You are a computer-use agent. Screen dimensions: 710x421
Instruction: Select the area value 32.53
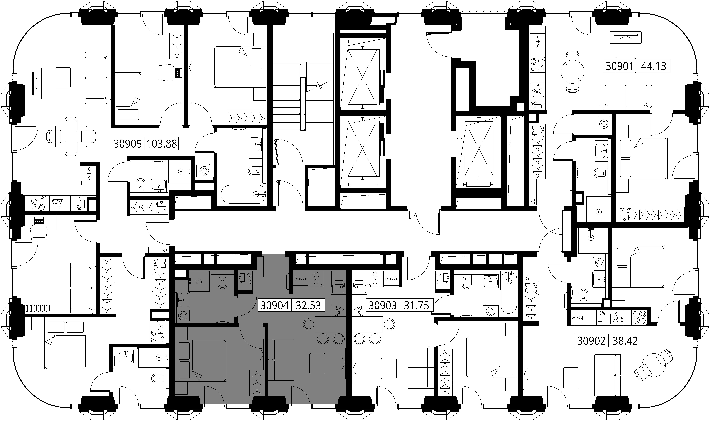click(308, 306)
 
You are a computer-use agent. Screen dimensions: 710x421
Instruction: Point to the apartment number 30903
click(382, 306)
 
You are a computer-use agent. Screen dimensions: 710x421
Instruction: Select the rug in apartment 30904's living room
click(317, 363)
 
